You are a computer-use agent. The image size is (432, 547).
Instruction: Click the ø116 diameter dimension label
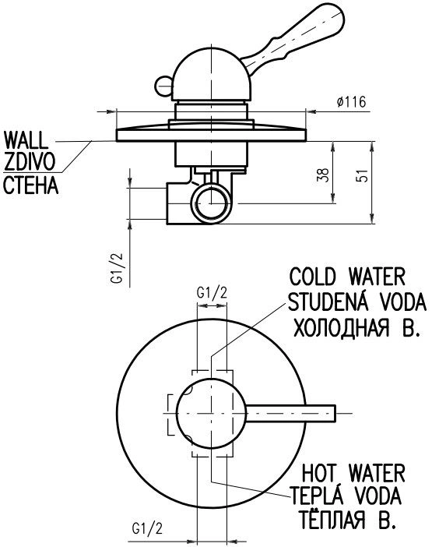click(x=352, y=102)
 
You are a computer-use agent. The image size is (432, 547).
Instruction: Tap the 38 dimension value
click(x=323, y=175)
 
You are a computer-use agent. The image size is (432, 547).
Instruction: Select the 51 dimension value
click(x=362, y=176)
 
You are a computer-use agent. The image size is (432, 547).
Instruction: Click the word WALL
click(x=26, y=140)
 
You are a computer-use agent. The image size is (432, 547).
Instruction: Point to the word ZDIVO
click(x=30, y=162)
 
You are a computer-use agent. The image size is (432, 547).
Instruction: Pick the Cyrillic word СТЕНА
click(x=30, y=185)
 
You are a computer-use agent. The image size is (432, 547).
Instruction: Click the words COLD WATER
click(x=347, y=277)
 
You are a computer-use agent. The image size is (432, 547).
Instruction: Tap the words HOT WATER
click(x=353, y=474)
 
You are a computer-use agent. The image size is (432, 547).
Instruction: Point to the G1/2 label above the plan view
click(x=212, y=293)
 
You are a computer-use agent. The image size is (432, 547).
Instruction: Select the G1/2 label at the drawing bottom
click(x=147, y=529)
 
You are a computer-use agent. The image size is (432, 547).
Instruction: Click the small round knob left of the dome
click(x=163, y=86)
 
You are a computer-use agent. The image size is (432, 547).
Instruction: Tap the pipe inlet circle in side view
click(x=211, y=204)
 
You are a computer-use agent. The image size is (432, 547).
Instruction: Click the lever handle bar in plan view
click(x=291, y=414)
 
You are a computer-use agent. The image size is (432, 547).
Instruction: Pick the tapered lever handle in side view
click(x=293, y=40)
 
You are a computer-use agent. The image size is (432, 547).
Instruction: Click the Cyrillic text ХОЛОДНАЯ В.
click(x=356, y=327)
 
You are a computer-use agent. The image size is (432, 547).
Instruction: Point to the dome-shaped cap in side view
click(x=212, y=75)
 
